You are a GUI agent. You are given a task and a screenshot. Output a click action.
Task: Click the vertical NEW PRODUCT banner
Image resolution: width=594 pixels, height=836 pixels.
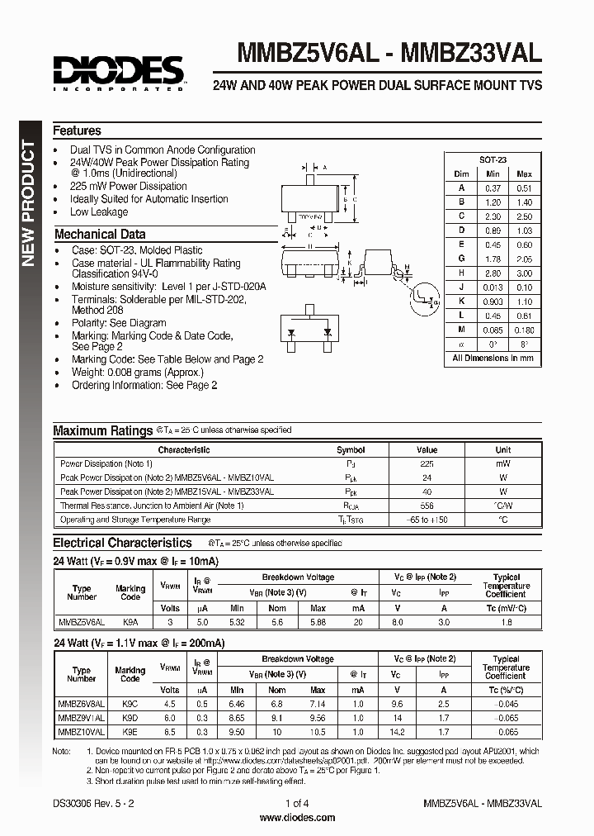[x=28, y=203]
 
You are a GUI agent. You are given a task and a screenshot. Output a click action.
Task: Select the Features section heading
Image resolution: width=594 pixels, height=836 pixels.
[x=77, y=131]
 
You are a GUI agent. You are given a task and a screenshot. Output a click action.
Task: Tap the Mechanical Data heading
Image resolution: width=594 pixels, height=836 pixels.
[x=99, y=234]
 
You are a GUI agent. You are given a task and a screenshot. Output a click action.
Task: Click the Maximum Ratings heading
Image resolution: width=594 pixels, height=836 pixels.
[x=103, y=430]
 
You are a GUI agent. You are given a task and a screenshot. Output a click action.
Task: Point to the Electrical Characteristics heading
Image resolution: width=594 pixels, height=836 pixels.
[x=122, y=543]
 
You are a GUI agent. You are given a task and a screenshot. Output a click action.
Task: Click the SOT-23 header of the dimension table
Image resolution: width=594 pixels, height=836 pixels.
[x=493, y=159]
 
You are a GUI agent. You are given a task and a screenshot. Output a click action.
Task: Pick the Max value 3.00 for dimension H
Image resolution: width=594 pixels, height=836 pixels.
[x=523, y=273]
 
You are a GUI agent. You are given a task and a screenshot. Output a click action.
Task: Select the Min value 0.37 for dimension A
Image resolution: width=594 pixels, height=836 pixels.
[x=493, y=188]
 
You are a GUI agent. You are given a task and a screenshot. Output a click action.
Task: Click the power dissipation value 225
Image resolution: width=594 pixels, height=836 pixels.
[x=427, y=464]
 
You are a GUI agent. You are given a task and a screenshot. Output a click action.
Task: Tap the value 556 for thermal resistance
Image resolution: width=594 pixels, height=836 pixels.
[x=427, y=506]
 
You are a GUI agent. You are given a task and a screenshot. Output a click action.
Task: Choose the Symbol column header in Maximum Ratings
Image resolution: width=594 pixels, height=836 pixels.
[x=351, y=450]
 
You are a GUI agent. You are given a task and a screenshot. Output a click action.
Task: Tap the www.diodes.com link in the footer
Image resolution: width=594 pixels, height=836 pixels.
[x=297, y=818]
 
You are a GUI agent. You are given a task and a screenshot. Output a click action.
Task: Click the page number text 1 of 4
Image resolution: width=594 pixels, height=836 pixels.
[x=297, y=803]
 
